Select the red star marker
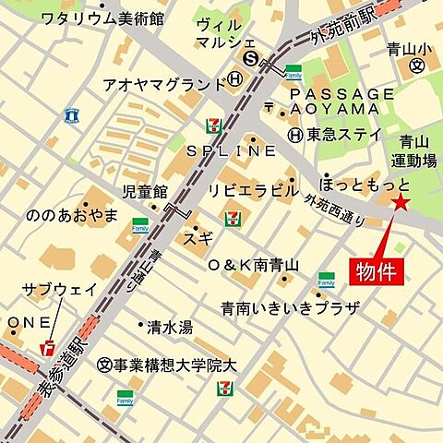coord(401,204)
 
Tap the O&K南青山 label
coord(254,265)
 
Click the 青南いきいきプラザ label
coord(289,307)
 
